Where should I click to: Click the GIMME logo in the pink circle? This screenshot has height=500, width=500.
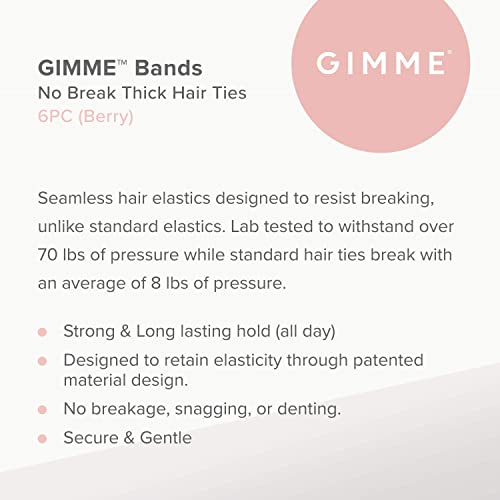point(380,64)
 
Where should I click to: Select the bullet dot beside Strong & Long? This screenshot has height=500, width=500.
point(43,332)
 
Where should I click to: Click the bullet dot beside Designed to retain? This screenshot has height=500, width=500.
point(43,360)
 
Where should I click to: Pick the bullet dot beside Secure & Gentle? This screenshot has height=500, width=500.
point(43,439)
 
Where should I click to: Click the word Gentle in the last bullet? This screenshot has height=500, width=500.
point(163,438)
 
